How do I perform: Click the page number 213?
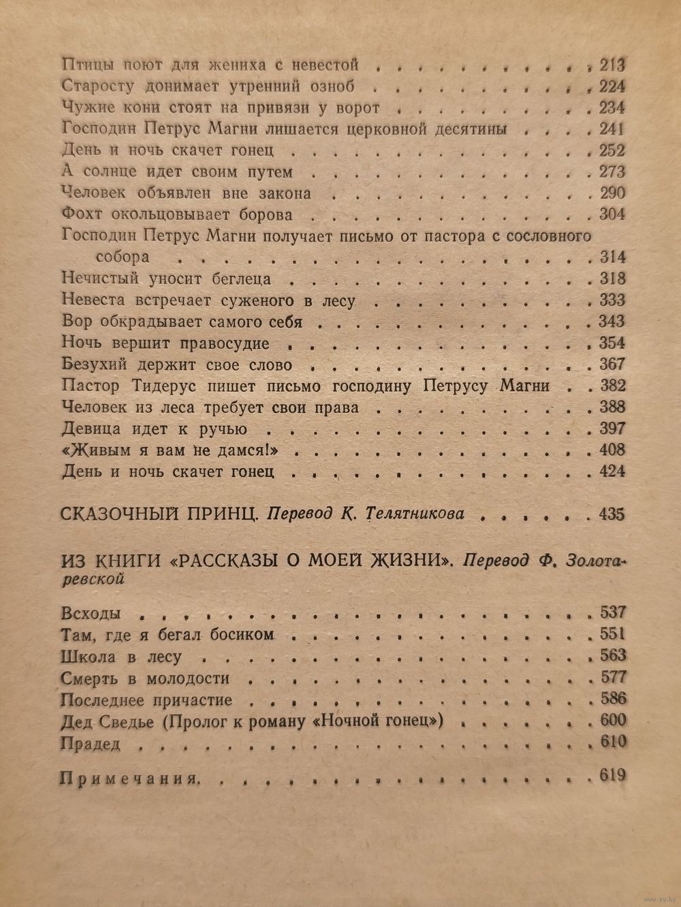click(612, 65)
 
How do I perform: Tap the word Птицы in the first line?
click(81, 65)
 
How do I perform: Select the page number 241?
click(612, 129)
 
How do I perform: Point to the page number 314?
click(612, 257)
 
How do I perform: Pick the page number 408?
click(612, 450)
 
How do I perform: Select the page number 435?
click(612, 514)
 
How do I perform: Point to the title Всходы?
click(91, 612)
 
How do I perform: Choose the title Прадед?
click(91, 744)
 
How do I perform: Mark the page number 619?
click(612, 776)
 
